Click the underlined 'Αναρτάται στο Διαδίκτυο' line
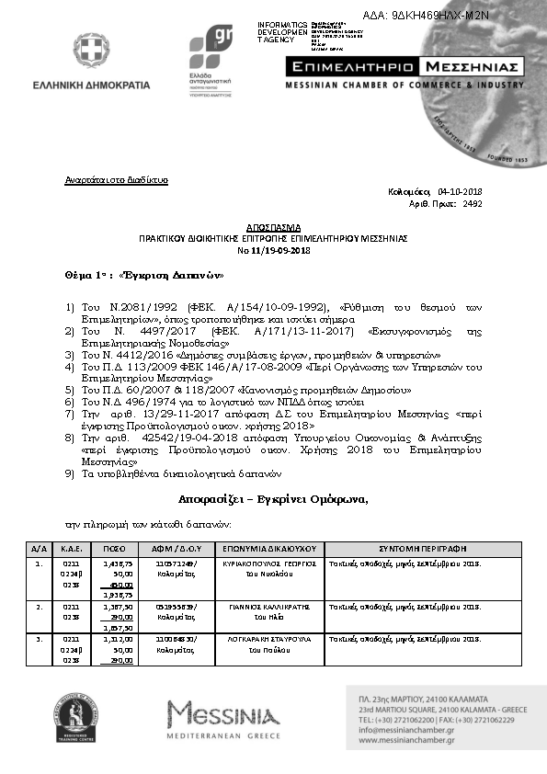[117, 180]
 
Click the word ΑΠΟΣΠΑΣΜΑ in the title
[274, 226]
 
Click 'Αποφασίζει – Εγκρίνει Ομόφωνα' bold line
[273, 499]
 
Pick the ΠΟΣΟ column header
[115, 548]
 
